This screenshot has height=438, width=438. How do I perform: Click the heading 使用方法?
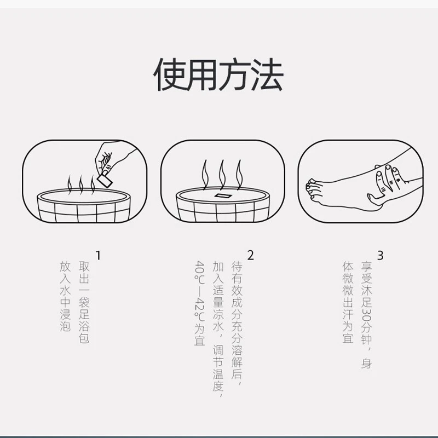click(218, 75)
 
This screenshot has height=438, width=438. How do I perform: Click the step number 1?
click(98, 255)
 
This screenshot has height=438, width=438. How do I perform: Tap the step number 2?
click(251, 255)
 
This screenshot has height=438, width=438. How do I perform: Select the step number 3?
click(380, 255)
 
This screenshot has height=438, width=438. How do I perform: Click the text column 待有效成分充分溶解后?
click(237, 323)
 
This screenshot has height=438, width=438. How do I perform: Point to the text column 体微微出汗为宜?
click(348, 302)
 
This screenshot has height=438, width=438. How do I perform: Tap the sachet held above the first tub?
click(105, 178)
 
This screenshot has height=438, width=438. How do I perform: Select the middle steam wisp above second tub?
click(222, 172)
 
